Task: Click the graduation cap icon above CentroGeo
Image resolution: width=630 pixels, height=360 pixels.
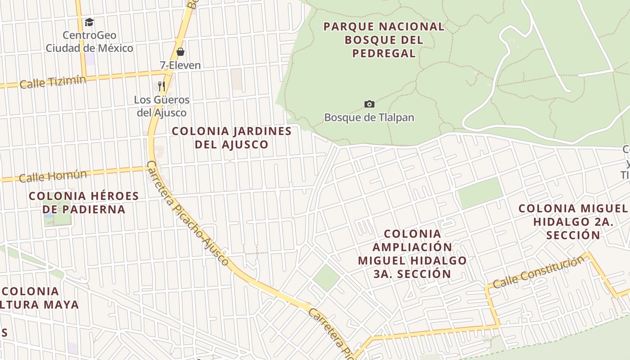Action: tap(90, 22)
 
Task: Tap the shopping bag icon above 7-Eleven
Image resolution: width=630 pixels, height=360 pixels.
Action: tap(180, 52)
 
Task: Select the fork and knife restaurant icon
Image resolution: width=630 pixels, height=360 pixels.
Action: tap(162, 85)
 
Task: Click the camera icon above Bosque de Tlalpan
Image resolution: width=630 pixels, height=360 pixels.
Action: tap(369, 104)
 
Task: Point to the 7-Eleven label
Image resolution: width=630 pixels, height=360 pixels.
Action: tap(180, 65)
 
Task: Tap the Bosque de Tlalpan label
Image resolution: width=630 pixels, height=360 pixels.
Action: tap(369, 117)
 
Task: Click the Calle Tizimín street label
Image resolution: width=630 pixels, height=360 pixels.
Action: tap(53, 82)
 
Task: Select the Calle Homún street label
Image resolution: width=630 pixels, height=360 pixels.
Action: tap(53, 175)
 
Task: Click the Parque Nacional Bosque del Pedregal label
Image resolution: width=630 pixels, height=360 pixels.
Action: tap(384, 40)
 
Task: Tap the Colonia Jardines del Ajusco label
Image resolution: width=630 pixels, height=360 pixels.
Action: tap(232, 138)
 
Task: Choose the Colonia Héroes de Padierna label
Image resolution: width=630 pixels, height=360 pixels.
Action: tap(84, 202)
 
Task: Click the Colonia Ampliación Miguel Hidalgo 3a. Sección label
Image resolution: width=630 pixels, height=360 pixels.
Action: tap(412, 254)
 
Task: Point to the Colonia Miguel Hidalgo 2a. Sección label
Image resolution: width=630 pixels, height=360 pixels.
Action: tap(573, 221)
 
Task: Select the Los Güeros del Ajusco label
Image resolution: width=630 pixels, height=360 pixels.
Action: tap(162, 106)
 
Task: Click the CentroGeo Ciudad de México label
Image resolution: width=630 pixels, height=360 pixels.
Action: tap(90, 41)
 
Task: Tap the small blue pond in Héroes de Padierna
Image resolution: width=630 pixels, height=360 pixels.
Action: tap(49, 215)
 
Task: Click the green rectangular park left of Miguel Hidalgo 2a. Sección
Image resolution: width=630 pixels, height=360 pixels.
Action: tap(480, 192)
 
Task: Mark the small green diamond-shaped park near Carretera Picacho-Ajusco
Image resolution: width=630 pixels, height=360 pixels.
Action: tap(326, 277)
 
